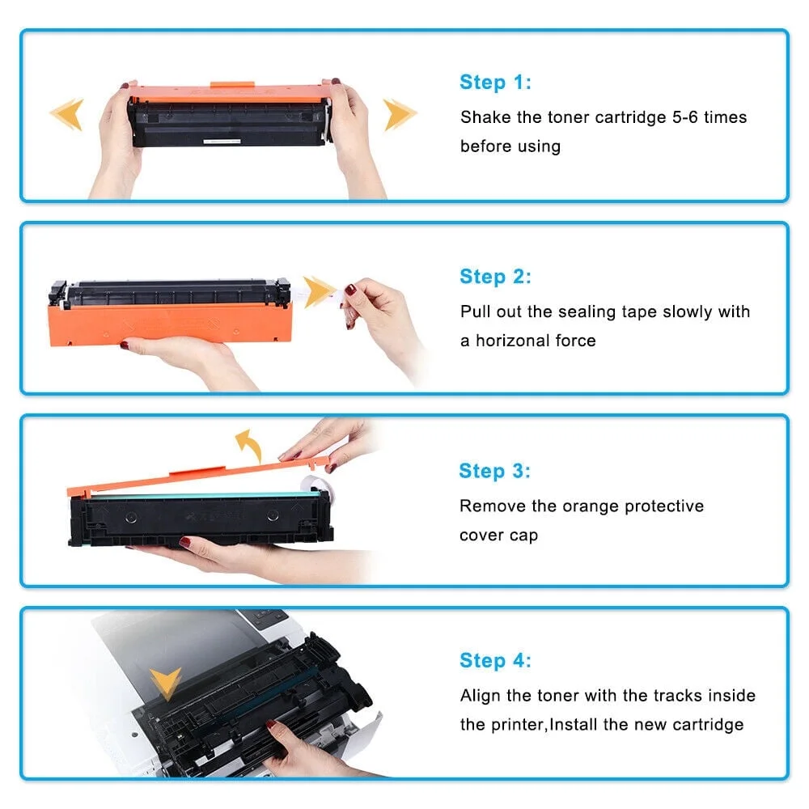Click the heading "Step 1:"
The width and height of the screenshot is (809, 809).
click(x=495, y=82)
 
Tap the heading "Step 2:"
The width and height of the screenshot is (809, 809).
click(x=495, y=277)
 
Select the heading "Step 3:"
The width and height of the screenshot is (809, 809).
click(x=494, y=471)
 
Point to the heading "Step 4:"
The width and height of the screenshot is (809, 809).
click(x=495, y=661)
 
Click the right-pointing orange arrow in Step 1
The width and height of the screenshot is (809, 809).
click(x=400, y=115)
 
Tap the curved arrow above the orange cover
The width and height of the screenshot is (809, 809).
click(x=247, y=446)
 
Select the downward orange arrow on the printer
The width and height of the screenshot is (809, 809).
click(x=166, y=684)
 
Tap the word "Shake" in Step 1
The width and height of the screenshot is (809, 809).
click(x=486, y=117)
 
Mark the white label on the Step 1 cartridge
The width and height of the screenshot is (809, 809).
click(x=222, y=142)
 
